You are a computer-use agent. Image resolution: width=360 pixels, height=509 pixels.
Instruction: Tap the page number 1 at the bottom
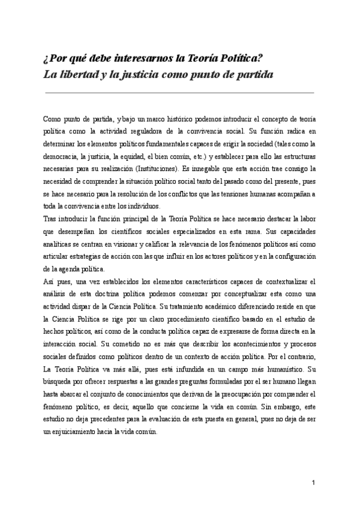point(314,483)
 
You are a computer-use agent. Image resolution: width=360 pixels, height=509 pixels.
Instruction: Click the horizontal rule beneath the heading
point(180,93)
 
